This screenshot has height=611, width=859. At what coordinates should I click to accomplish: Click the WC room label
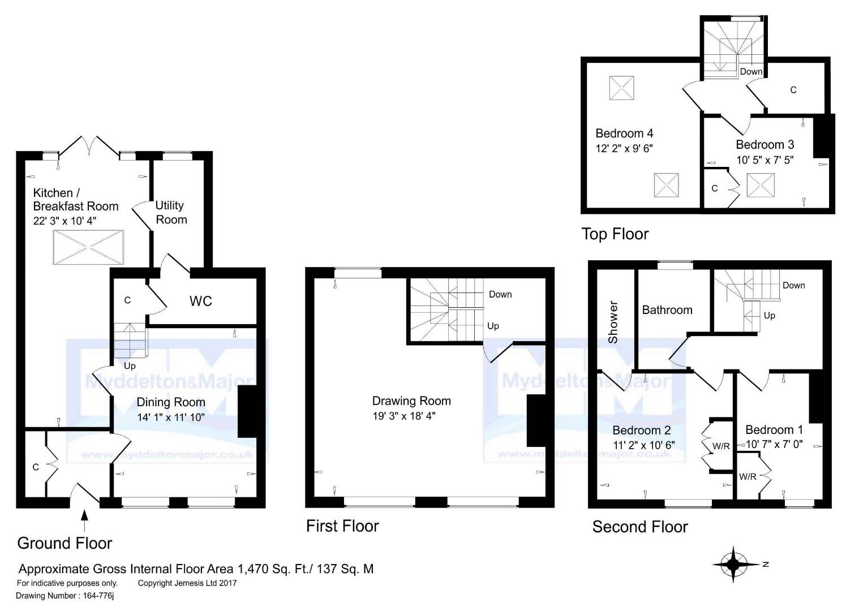click(200, 302)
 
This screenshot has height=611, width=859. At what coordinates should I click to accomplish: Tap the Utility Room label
click(171, 212)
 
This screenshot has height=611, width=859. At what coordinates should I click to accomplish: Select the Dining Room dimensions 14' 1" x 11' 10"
click(171, 417)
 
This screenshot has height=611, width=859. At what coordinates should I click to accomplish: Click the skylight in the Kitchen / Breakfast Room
click(88, 247)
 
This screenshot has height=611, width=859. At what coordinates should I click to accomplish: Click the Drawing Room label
click(411, 401)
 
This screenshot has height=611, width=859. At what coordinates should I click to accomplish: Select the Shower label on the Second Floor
click(613, 322)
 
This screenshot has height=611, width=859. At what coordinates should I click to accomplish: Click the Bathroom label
click(667, 309)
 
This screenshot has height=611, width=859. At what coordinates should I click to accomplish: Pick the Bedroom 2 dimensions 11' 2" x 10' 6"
click(644, 445)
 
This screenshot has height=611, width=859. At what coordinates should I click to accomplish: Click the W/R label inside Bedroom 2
click(721, 446)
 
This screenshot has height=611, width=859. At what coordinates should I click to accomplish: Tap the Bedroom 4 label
click(624, 134)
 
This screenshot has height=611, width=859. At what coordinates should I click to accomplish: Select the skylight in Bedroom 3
click(761, 185)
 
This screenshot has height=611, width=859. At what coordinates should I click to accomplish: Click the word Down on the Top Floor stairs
click(751, 72)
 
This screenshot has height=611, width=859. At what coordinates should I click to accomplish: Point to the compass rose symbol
click(733, 564)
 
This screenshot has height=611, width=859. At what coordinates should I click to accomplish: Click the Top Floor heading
click(615, 234)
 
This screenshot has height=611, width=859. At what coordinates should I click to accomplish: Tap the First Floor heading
click(342, 526)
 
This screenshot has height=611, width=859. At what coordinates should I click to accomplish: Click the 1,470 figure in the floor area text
click(253, 569)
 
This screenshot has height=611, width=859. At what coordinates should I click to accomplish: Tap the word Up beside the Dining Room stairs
click(130, 366)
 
